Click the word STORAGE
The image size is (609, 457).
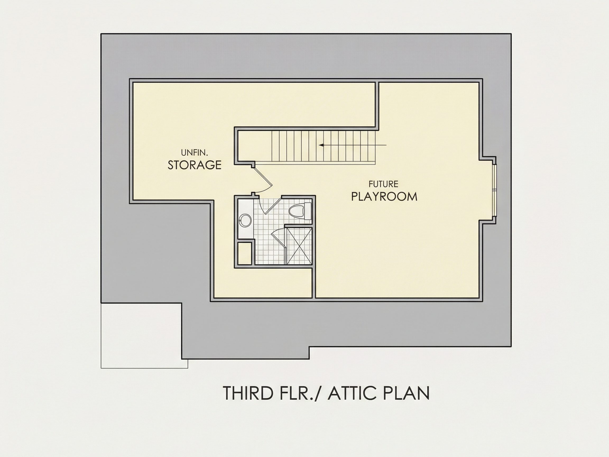pyautogui.click(x=194, y=165)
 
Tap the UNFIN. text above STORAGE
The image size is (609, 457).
pyautogui.click(x=195, y=152)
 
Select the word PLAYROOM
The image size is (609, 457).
pyautogui.click(x=384, y=196)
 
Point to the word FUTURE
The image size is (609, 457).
pyautogui.click(x=384, y=184)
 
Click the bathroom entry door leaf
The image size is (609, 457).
pyautogui.click(x=273, y=205)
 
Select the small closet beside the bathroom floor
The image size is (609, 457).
pyautogui.click(x=244, y=253)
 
